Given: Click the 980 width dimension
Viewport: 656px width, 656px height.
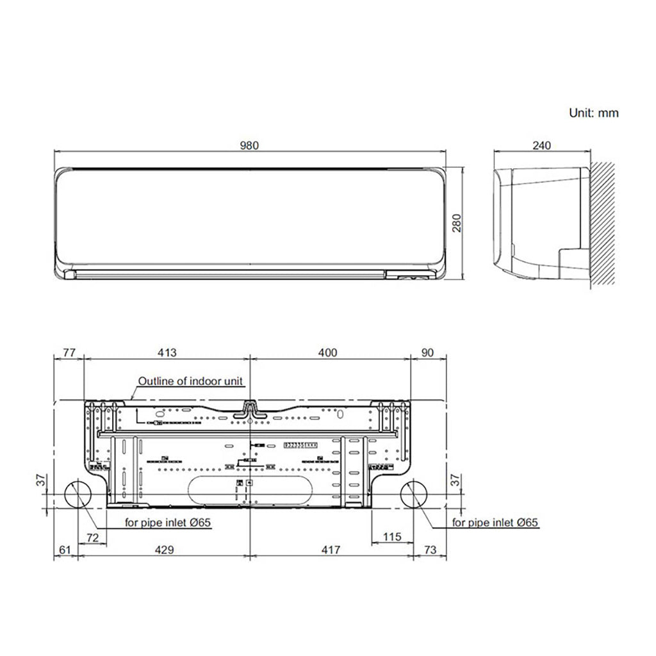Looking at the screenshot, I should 249,145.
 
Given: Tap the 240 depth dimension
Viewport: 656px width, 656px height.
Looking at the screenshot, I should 541,145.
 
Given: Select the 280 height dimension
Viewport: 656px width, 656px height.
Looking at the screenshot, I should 456,222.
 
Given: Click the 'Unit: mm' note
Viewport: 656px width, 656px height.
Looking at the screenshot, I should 594,113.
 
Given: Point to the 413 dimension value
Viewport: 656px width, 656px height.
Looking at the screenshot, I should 167,352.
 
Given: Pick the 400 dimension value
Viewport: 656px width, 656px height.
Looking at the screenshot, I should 327,352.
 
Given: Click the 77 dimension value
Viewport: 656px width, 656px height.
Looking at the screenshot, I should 69,352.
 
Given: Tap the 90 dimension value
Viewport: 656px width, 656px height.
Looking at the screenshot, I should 427,352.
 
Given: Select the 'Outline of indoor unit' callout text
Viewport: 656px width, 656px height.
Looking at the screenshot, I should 191,381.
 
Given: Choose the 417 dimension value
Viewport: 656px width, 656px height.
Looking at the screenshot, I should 331,550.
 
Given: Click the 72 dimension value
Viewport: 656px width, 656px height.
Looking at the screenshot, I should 92,536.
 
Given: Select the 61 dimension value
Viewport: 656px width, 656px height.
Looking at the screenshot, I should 64,550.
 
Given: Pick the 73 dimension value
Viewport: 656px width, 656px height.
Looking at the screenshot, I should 429,550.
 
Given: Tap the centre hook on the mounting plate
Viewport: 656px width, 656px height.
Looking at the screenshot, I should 250,410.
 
